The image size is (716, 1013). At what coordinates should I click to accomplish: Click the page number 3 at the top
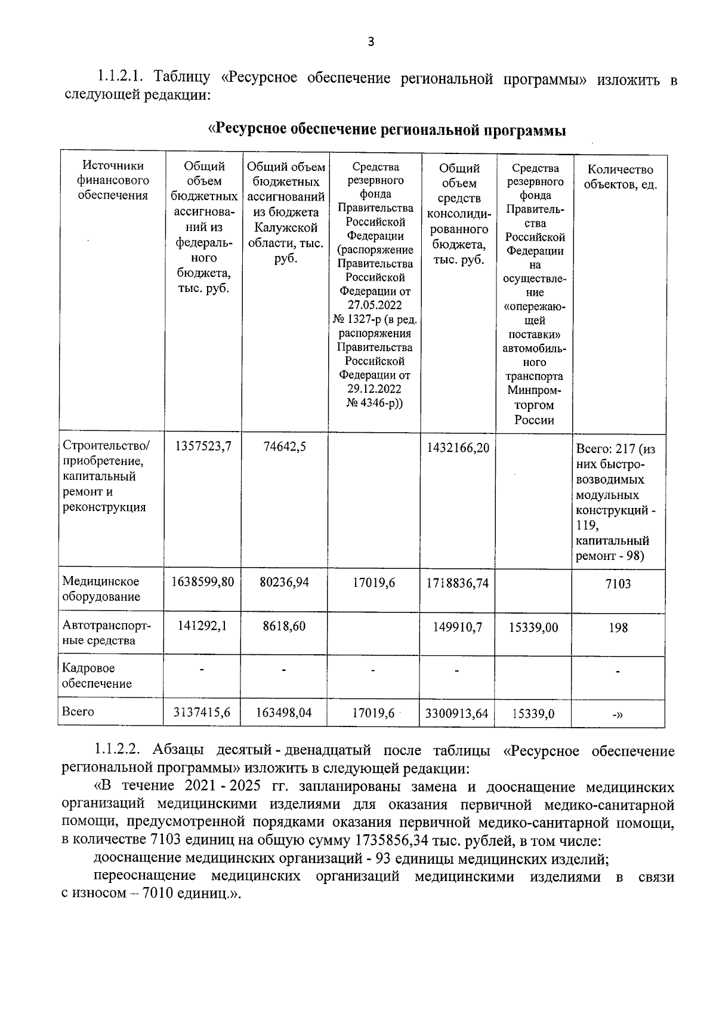[371, 41]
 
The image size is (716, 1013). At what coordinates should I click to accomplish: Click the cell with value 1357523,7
[202, 447]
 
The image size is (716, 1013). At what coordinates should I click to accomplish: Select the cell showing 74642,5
[285, 447]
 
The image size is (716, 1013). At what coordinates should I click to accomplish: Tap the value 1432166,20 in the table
[458, 447]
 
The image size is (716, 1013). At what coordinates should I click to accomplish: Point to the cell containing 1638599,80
[202, 581]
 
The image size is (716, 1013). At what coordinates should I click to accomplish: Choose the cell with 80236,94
[285, 581]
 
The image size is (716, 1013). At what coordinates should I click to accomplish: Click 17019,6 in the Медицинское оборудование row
[374, 583]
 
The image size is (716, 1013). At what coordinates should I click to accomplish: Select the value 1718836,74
[458, 583]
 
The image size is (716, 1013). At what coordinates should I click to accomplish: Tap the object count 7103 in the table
[618, 584]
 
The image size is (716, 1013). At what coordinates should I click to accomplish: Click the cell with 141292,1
[202, 626]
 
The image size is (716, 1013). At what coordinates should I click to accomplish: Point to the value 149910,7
[458, 627]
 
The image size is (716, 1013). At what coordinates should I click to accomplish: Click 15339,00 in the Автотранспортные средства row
[533, 627]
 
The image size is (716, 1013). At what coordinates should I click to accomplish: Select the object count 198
[618, 627]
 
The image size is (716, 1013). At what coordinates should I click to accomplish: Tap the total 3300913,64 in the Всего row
[458, 713]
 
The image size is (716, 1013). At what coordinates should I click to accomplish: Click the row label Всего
[78, 712]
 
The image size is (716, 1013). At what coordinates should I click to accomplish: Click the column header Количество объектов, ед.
[620, 177]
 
